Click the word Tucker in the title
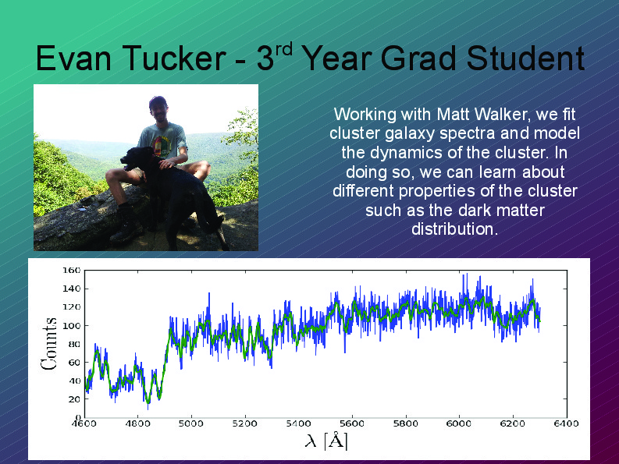tap(174, 58)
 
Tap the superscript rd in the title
tap(283, 49)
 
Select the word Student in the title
tap(525, 58)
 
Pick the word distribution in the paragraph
tap(454, 228)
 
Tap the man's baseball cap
tap(158, 101)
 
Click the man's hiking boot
tap(126, 224)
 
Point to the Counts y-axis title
tap(49, 344)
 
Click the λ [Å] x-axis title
tap(326, 440)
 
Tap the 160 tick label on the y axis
tap(72, 271)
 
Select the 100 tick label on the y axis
tap(72, 325)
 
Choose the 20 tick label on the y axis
tap(74, 399)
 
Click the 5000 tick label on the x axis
tap(191, 423)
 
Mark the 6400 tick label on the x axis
tap(566, 423)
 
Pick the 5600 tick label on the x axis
tap(352, 423)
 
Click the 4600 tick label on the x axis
tap(84, 423)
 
